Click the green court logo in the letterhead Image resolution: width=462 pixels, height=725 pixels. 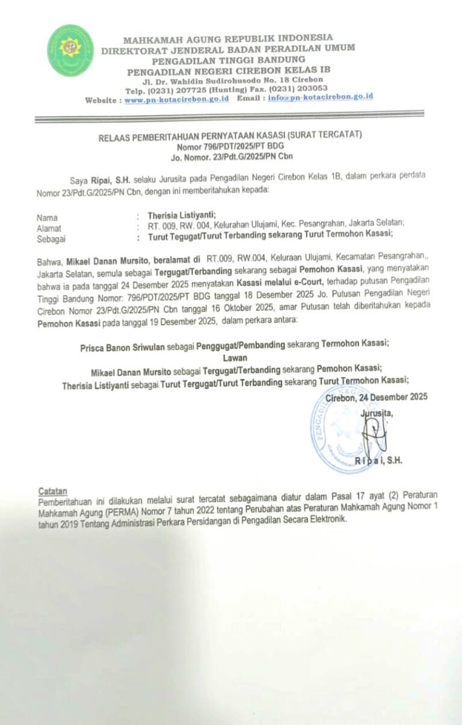[x=70, y=50]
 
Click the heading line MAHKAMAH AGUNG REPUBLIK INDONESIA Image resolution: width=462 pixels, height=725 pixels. [x=228, y=38]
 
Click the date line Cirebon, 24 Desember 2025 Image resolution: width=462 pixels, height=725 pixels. [x=376, y=397]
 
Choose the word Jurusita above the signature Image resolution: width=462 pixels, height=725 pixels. [x=376, y=413]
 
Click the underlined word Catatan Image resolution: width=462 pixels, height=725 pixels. [x=53, y=490]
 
